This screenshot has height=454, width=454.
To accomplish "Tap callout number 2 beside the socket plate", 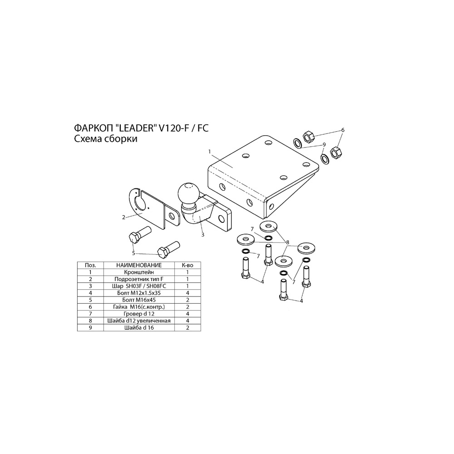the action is pos(123,217).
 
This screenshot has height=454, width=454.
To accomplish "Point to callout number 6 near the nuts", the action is pos(343,130).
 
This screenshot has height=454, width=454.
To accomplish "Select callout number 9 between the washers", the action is pos(324,144).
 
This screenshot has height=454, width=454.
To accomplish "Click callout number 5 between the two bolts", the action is pos(133,253).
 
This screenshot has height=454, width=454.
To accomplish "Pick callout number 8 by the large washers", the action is pos(287,242).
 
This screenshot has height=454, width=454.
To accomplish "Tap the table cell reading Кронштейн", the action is pos(139,272).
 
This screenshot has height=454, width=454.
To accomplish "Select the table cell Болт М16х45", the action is pos(139,300).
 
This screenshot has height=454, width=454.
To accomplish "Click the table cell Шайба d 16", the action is pos(139,328).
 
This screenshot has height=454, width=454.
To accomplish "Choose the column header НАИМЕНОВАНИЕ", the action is pos(139,265).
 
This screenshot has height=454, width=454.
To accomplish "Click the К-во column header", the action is pos(188,265).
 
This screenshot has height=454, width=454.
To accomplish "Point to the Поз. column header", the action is pos(90,265).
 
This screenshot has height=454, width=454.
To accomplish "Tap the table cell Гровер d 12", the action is pos(139,314).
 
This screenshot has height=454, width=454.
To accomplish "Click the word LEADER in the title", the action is pos(136,128).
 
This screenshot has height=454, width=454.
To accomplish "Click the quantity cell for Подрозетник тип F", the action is pos(188,279).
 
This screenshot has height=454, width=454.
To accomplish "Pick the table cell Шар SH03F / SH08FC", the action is pos(139,286).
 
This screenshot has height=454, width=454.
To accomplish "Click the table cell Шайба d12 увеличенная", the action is pos(139,321).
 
